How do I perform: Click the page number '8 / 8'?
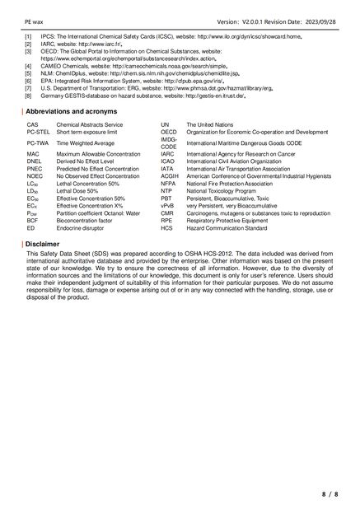point(330,494)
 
